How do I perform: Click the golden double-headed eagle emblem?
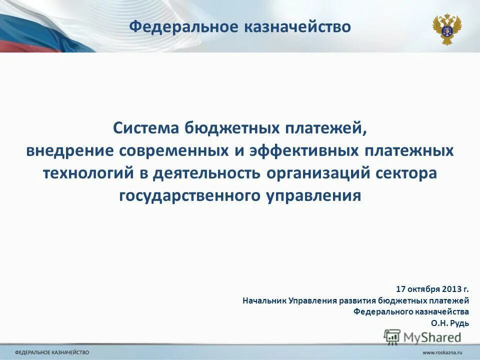tap(446, 28)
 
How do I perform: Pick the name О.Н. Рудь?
tap(450, 323)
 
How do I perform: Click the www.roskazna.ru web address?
tap(441, 353)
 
